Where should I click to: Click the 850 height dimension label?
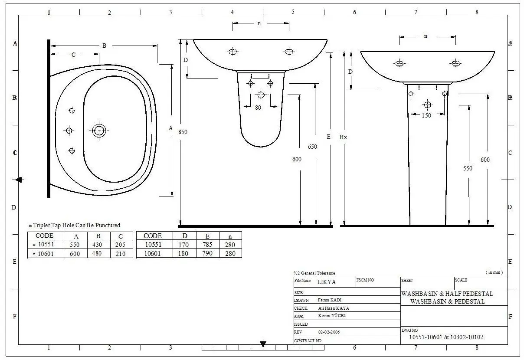pos(183,132)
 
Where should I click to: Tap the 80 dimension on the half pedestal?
pos(258,108)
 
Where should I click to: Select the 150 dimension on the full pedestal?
pos(426,115)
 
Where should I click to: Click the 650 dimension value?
pos(312,147)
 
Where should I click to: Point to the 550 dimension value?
pos(468,168)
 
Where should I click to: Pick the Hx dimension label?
pos(343,137)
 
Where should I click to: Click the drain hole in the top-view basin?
pos(99,131)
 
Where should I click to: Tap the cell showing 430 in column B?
pos(97,245)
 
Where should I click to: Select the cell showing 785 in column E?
pos(207,245)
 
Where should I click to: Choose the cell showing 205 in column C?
pos(120,245)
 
